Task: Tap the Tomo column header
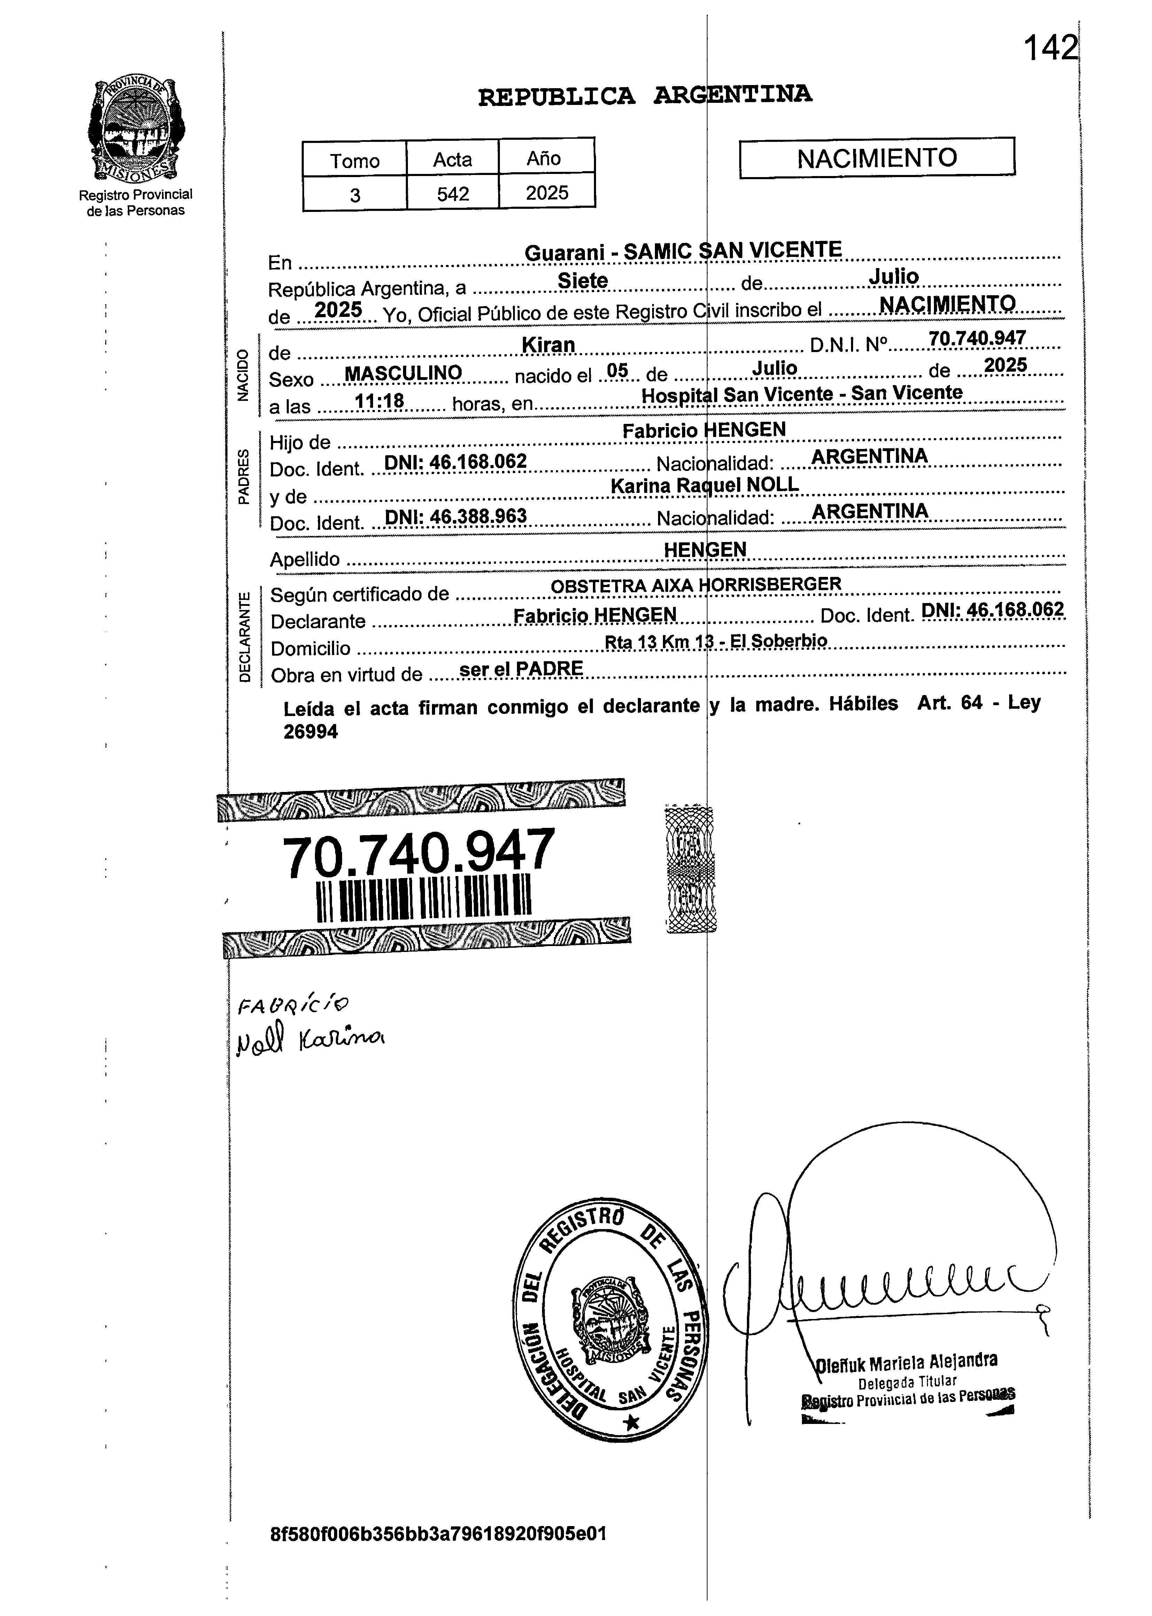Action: click(x=355, y=160)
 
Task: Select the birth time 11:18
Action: click(x=379, y=402)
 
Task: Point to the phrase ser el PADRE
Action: click(x=521, y=669)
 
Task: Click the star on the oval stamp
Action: click(x=631, y=1421)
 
